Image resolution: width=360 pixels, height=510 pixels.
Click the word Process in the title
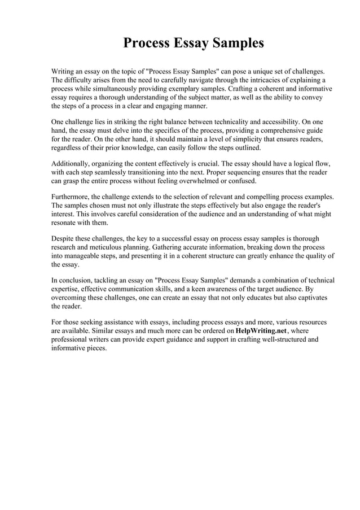(x=147, y=43)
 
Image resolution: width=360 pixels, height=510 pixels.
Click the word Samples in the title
(x=236, y=43)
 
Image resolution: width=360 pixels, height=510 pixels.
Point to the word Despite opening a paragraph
(x=64, y=239)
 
